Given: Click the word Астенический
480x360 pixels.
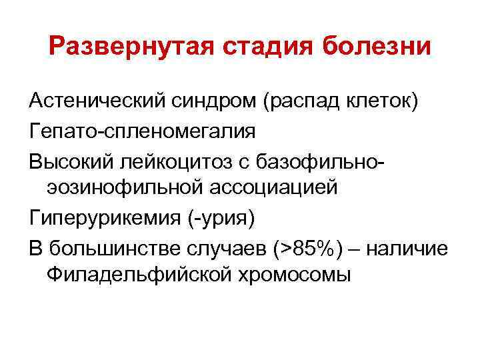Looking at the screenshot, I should (x=89, y=101).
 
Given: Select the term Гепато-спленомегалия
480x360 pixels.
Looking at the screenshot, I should (x=142, y=131).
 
